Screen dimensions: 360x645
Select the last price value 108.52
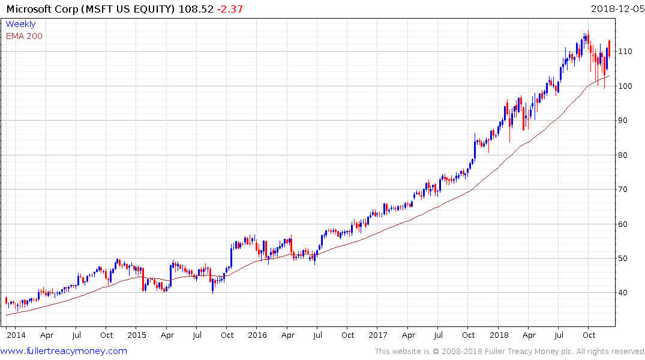coord(196,9)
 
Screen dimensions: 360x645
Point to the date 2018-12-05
coord(616,9)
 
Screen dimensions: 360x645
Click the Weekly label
coord(20,25)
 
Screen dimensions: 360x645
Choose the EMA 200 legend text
coord(24,36)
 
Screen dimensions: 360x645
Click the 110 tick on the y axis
coord(626,52)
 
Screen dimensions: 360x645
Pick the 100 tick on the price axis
coord(626,86)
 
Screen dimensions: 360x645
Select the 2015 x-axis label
coord(137,334)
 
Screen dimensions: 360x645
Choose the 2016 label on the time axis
coord(257,334)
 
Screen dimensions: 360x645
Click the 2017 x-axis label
coord(378,334)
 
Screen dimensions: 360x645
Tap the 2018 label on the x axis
coord(499,334)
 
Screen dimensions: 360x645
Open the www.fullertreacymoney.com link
coord(64,351)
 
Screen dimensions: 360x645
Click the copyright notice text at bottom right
coord(509,352)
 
